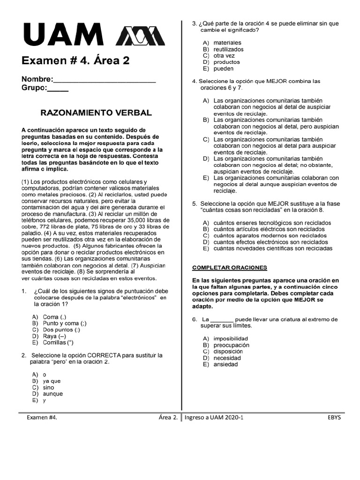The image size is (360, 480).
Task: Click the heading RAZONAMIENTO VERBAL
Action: point(96,113)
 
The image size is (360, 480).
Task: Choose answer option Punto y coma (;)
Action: point(64,323)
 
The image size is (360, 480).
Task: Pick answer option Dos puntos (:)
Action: point(61,330)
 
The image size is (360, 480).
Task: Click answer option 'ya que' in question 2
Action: point(52,381)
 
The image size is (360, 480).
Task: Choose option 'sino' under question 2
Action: point(48,388)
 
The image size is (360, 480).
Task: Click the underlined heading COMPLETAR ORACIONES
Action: point(229,268)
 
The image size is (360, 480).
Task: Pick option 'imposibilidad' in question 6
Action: point(231,338)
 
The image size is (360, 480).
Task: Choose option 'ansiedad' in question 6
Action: point(225,364)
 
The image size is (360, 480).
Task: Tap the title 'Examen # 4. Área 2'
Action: point(75,60)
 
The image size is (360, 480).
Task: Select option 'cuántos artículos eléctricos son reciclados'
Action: point(269,229)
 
